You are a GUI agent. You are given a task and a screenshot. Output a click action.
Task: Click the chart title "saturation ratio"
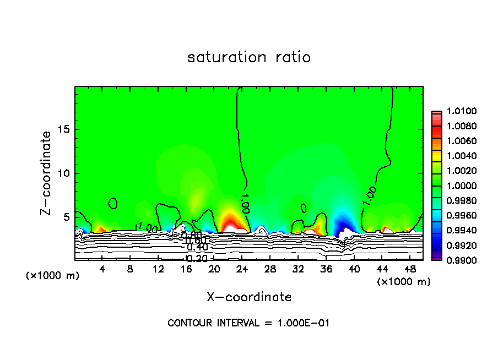click(249, 57)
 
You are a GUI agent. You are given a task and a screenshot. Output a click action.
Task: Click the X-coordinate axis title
click(249, 297)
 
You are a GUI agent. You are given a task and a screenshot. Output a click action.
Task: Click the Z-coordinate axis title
click(48, 173)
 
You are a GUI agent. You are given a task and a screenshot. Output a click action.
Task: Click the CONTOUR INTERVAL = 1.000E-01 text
click(248, 323)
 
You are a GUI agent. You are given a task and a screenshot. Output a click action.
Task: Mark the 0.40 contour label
click(197, 247)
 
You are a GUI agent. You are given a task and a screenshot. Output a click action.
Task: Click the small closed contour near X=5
click(113, 204)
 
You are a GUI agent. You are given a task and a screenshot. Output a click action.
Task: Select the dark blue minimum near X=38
click(343, 223)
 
